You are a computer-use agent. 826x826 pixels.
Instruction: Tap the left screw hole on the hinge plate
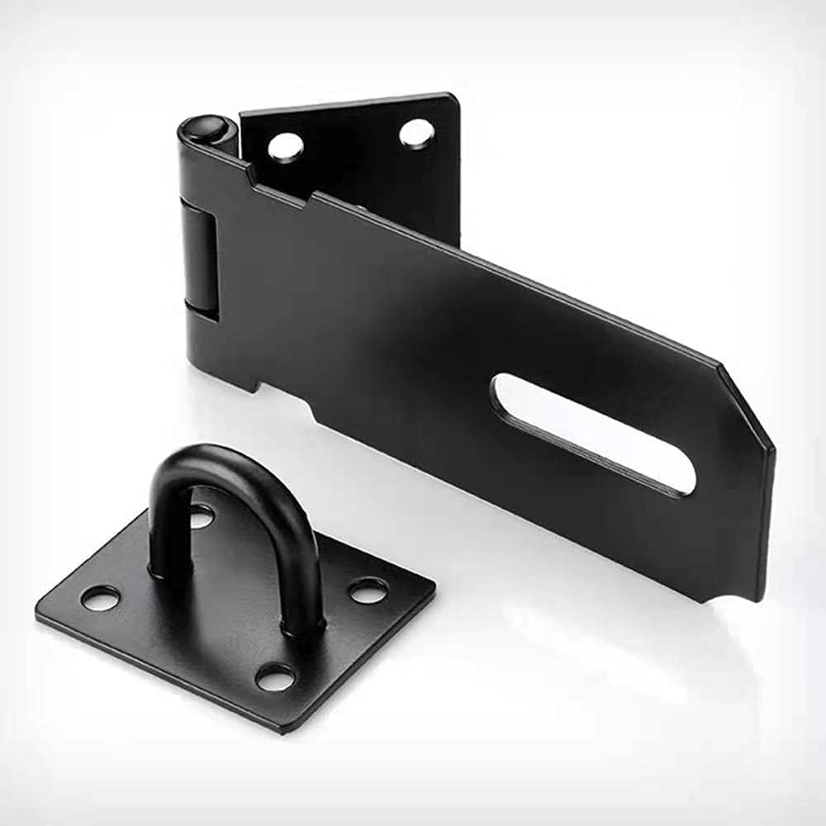coord(286,146)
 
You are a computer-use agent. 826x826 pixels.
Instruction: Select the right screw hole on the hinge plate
coord(417,132)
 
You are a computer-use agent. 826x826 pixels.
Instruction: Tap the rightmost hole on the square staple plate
coord(368,590)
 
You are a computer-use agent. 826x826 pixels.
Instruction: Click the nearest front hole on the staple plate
coord(275,677)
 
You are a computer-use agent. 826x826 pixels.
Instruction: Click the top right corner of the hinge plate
coord(454,96)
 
